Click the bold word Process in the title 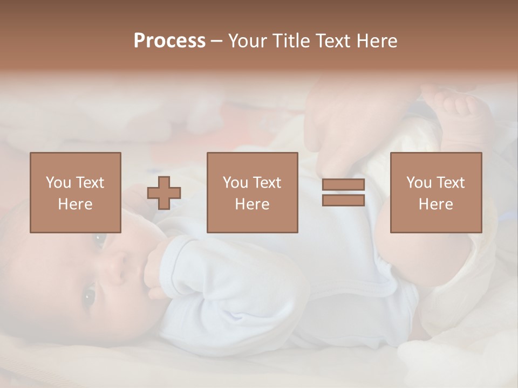click(169, 41)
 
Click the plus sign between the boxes click(164, 193)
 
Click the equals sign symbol click(343, 192)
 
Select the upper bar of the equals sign click(343, 185)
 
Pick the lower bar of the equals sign click(343, 200)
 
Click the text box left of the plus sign click(76, 192)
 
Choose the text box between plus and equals click(252, 192)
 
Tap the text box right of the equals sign click(435, 192)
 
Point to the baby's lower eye click(88, 295)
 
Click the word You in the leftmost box click(58, 183)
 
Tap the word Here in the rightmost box click(435, 204)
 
